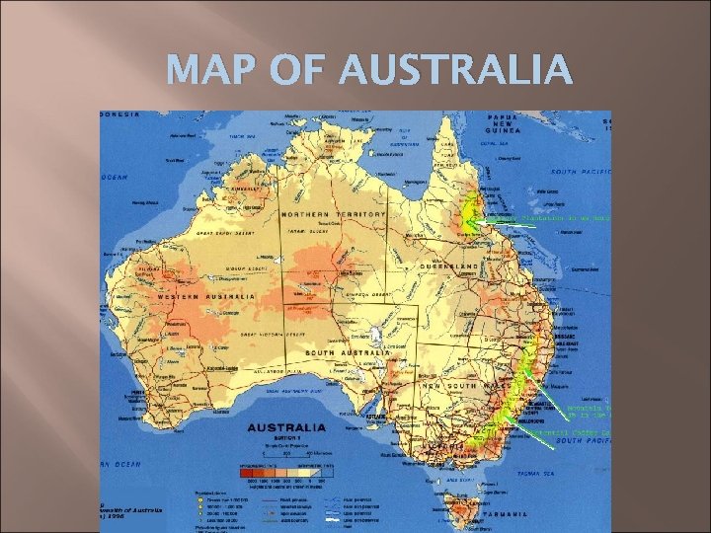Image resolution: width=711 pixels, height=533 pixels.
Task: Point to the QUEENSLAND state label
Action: (x=449, y=266)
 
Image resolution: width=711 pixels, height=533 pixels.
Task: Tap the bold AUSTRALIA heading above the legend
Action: (x=286, y=428)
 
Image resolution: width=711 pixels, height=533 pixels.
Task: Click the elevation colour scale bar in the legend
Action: (x=286, y=469)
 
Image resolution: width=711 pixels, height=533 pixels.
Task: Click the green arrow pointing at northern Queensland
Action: (x=513, y=226)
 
